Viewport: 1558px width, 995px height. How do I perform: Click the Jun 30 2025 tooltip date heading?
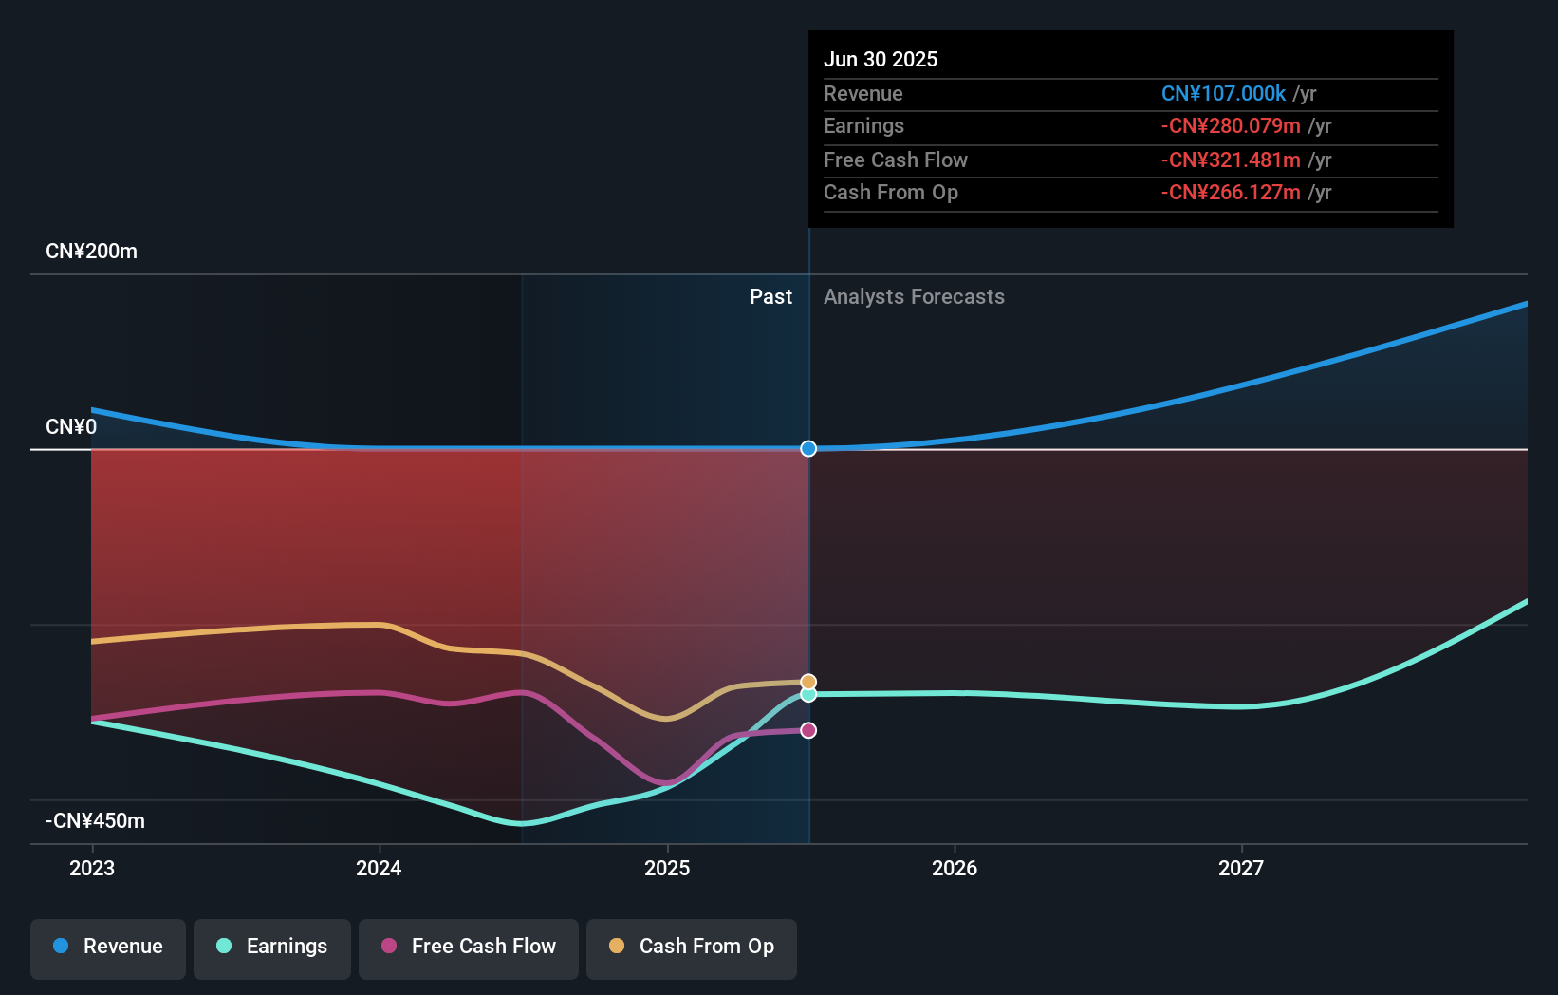coord(880,59)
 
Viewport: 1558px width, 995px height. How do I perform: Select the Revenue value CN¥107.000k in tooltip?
coord(1223,93)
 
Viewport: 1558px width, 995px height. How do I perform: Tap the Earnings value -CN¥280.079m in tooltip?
coord(1231,126)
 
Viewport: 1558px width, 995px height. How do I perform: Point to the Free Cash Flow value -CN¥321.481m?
coord(1231,160)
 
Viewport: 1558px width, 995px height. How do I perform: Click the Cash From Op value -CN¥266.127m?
coord(1231,193)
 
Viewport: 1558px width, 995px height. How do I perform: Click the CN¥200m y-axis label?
coord(91,252)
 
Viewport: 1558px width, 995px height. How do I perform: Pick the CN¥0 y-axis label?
coord(71,427)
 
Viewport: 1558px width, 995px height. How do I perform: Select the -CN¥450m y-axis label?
coord(95,821)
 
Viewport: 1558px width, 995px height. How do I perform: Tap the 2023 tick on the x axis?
coord(92,868)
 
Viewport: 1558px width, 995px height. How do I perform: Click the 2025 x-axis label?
coord(667,868)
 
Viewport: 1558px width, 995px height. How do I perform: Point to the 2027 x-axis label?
coord(1241,868)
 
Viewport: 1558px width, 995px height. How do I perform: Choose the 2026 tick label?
coord(955,868)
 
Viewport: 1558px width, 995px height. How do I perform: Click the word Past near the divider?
coord(770,297)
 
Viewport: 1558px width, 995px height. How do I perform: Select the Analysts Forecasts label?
coord(914,297)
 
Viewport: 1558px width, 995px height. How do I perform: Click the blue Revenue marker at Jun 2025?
coord(808,448)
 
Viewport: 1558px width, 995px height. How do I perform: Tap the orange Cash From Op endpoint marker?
coord(808,682)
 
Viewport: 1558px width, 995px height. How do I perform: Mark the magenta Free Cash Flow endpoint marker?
coord(808,730)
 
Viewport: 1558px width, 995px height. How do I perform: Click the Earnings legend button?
coord(272,947)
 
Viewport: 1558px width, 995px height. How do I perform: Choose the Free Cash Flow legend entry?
coord(469,947)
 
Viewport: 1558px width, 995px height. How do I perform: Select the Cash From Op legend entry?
coord(692,947)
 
